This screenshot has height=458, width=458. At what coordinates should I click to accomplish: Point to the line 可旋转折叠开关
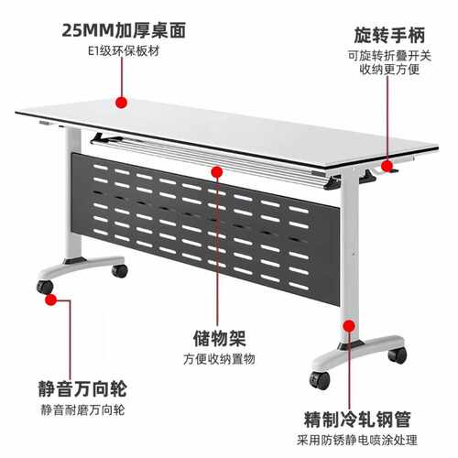[394, 56]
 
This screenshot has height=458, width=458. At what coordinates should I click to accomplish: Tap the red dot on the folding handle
[388, 168]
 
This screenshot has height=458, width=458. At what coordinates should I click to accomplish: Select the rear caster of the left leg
[117, 271]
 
